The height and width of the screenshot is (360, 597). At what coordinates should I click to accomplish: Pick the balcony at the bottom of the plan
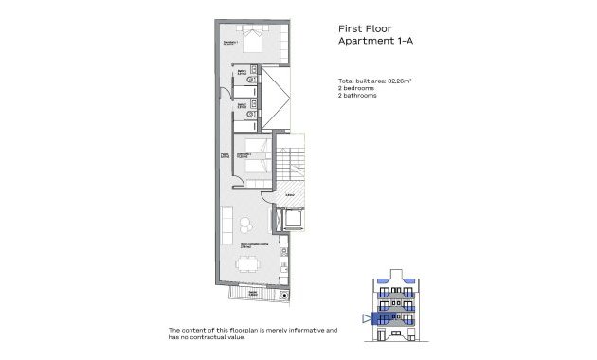[254, 294]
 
